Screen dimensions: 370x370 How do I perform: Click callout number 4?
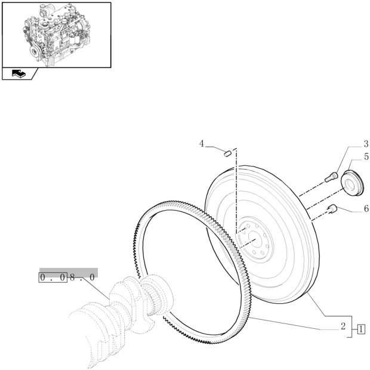point(202,144)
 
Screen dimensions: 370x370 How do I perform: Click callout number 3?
point(365,144)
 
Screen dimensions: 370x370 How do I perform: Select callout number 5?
point(365,157)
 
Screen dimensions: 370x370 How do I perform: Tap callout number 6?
point(365,209)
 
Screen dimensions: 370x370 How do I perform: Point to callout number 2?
point(343,326)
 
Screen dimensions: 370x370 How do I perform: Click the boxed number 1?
point(361,329)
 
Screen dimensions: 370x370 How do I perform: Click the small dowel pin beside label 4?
point(227,153)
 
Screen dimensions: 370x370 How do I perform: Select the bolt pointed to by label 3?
point(331,176)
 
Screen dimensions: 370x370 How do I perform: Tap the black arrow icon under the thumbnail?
point(19,74)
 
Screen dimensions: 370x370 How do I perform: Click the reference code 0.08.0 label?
point(67,277)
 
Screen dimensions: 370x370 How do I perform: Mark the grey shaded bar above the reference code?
point(68,271)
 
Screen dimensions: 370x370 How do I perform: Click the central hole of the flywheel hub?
point(255,240)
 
